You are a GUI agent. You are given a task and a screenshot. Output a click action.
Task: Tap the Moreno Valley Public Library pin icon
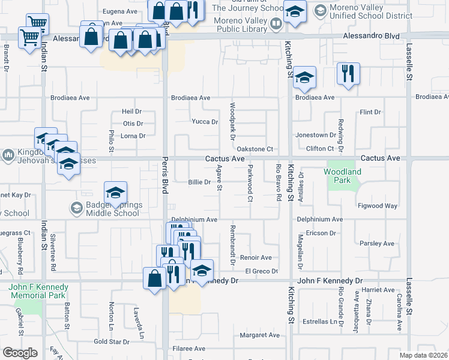click(276, 25)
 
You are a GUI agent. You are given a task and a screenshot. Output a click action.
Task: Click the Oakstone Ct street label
click(255, 149)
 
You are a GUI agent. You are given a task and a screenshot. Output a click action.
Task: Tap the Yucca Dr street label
click(205, 122)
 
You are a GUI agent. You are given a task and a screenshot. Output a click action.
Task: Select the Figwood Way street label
click(378, 206)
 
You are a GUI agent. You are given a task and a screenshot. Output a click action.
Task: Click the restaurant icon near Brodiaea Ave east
click(348, 73)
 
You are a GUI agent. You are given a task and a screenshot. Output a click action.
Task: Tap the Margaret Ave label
click(260, 335)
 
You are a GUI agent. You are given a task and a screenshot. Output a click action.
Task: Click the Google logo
click(20, 353)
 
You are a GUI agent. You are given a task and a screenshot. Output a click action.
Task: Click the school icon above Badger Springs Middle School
click(116, 193)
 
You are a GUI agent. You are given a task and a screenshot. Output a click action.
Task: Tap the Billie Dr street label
click(199, 182)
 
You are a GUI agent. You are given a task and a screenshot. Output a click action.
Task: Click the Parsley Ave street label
click(376, 244)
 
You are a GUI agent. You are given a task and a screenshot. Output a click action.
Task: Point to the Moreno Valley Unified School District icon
click(320, 10)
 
